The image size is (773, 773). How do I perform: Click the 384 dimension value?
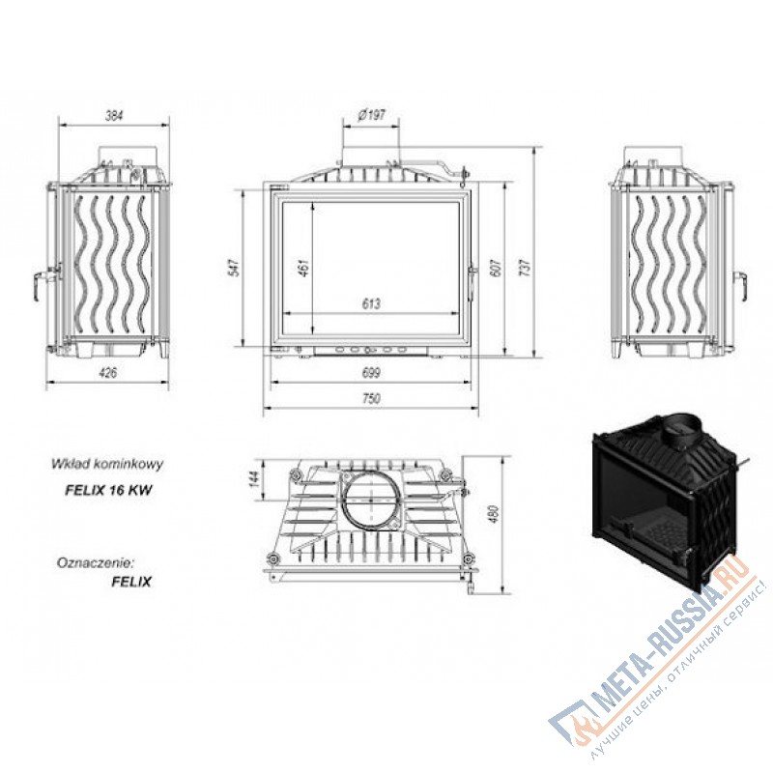tap(114, 116)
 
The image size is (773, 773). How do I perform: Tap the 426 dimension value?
tap(108, 373)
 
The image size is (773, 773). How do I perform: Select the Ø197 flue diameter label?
tap(371, 115)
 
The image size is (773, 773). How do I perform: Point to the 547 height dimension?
tap(235, 268)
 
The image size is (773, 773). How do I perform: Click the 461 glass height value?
tap(304, 268)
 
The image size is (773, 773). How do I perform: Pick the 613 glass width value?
tap(371, 303)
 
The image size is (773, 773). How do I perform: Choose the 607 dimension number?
tap(496, 268)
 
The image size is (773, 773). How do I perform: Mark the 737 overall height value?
tap(526, 268)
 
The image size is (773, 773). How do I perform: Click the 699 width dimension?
tap(371, 373)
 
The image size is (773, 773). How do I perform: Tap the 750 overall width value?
tap(371, 398)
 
